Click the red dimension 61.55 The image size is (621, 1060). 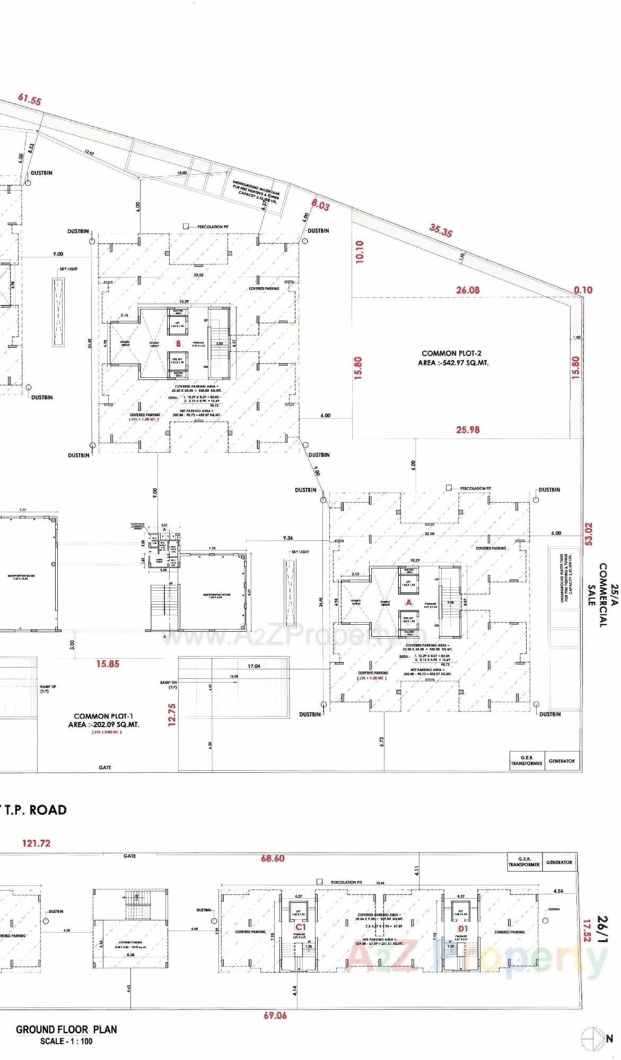tap(29, 99)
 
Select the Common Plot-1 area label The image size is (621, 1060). tap(103, 720)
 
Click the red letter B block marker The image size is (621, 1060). tap(178, 343)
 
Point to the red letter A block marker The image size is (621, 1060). tap(408, 602)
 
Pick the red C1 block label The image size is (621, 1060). tap(301, 927)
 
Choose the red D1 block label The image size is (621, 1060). tap(463, 928)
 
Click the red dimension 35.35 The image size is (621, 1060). tap(441, 230)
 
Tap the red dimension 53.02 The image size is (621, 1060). tap(588, 534)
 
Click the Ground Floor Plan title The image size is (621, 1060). tap(66, 1029)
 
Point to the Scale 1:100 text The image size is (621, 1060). tap(66, 1041)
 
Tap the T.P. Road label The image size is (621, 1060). tap(34, 810)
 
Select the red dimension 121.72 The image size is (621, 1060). tap(36, 843)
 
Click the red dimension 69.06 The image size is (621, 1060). tap(275, 1015)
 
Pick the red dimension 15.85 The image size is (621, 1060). tap(108, 663)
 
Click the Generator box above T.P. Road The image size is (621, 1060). tap(562, 761)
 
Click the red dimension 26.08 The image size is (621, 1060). tap(467, 290)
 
